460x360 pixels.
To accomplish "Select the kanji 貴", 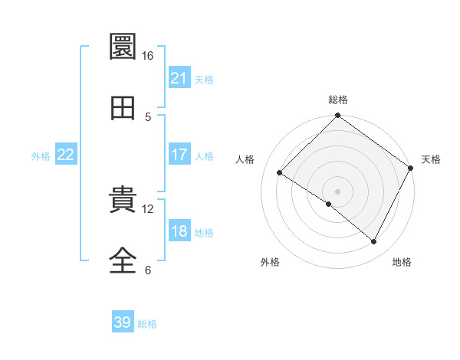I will (123, 200).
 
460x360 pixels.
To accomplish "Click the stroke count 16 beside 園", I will (147, 56).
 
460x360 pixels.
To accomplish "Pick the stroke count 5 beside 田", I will (149, 117).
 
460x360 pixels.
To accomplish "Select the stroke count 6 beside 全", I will (149, 270).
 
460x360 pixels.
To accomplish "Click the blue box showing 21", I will (179, 78).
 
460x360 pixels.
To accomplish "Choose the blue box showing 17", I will (179, 155).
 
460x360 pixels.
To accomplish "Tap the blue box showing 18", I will (179, 231).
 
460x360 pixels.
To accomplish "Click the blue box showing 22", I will (66, 155).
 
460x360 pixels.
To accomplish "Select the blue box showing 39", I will (123, 322).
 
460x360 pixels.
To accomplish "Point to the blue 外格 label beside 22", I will (41, 156).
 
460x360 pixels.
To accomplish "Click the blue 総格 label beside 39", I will (148, 324).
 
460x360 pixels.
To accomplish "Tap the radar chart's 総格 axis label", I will (338, 100).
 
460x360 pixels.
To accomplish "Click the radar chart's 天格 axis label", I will (431, 159).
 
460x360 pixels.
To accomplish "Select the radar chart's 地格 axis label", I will (402, 262).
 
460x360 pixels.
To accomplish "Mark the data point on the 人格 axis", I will (280, 173).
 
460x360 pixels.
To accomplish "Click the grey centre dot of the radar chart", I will (338, 191).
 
